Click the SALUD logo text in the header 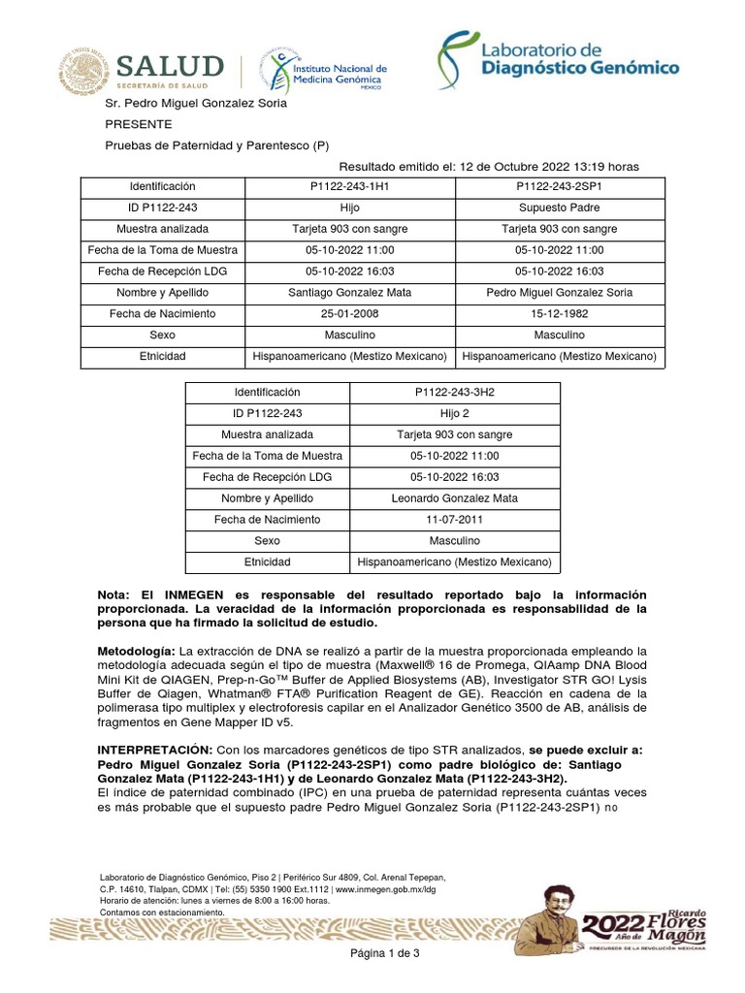click(171, 68)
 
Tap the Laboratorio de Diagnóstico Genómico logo click(557, 55)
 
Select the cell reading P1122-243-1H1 click(350, 186)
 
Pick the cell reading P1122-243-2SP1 click(559, 186)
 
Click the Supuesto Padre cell click(559, 208)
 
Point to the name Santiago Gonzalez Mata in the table click(350, 293)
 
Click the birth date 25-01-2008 click(350, 314)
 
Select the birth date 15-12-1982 click(559, 314)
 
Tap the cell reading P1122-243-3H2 click(454, 392)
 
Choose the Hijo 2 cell click(454, 413)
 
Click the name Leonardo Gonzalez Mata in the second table click(454, 498)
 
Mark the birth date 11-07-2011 click(454, 520)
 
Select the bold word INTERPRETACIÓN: click(154, 751)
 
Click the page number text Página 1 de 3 click(385, 955)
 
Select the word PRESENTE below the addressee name click(139, 125)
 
